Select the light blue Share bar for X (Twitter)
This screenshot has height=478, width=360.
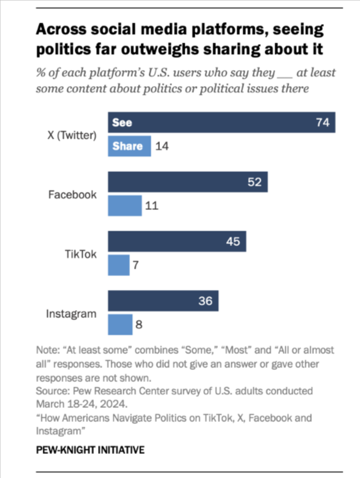(129, 147)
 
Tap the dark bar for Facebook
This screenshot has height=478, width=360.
(187, 183)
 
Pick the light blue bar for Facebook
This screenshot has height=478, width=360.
(125, 206)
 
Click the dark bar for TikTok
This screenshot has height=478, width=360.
(177, 242)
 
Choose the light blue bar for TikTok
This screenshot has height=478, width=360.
(119, 265)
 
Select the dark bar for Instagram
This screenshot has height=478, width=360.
(163, 301)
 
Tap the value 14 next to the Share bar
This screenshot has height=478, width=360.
(163, 147)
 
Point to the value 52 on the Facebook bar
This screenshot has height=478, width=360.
(255, 183)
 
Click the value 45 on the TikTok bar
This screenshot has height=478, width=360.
(233, 242)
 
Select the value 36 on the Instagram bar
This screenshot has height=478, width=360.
(205, 301)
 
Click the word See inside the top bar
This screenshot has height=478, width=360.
(123, 123)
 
